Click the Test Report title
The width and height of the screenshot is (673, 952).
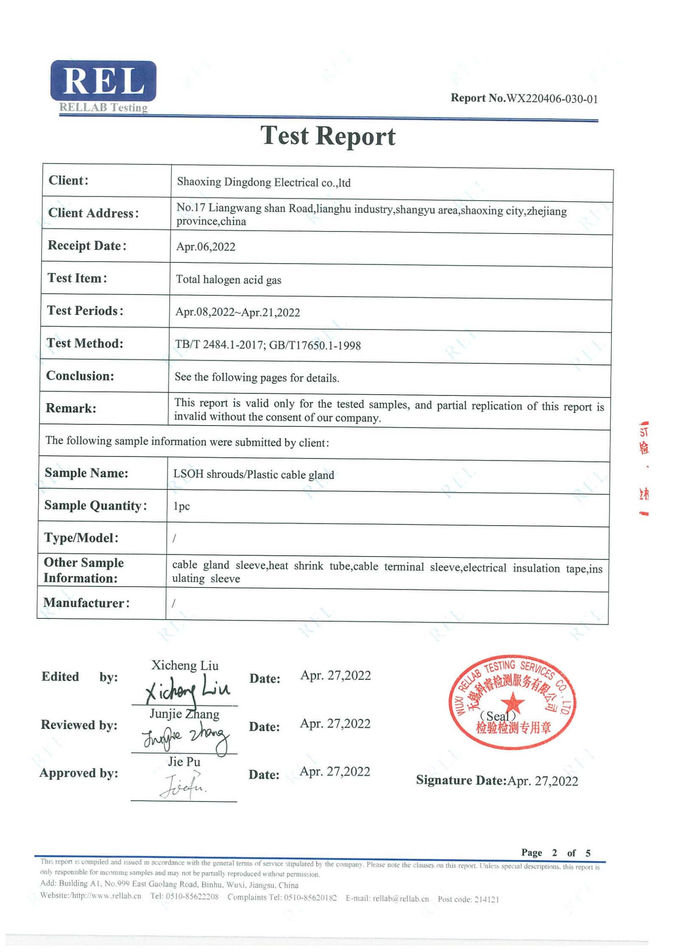328,136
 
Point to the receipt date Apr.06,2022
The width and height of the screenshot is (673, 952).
206,247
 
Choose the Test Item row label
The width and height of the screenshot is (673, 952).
77,278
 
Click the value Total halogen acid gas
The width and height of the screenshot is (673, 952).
228,280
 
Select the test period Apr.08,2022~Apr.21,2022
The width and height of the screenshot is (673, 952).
237,312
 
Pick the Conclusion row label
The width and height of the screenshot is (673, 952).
80,376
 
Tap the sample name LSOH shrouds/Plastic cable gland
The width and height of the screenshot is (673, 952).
253,474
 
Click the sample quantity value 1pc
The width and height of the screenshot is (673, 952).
181,507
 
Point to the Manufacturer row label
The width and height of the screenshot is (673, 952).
86,602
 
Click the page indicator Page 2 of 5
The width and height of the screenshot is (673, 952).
556,852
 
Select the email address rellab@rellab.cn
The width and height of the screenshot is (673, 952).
400,899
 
